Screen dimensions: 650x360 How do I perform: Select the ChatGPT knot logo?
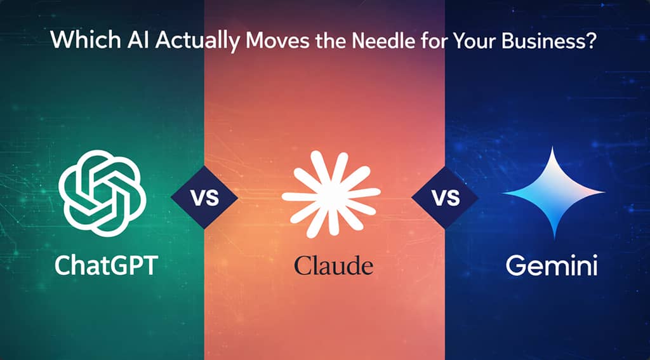click(x=102, y=193)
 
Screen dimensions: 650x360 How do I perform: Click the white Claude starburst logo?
click(x=331, y=194)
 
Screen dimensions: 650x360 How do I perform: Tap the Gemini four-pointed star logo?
click(x=554, y=193)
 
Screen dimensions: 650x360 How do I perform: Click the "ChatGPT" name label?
click(x=106, y=265)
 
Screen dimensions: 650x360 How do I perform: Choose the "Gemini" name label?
click(x=552, y=265)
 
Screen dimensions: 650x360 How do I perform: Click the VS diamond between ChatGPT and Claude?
click(x=204, y=197)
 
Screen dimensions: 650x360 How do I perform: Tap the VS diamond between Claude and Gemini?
click(x=445, y=197)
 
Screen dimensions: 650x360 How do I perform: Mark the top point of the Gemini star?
click(x=554, y=147)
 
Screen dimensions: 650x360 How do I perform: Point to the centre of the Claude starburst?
click(x=331, y=194)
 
